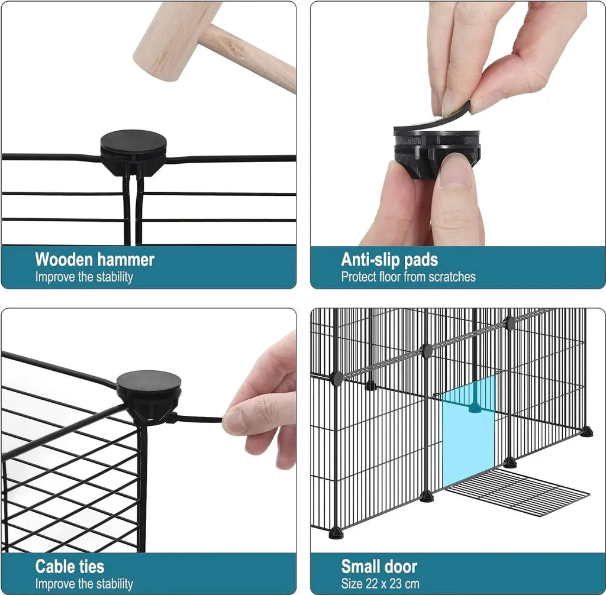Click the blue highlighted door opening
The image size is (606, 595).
point(468,431)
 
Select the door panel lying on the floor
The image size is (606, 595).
point(518,491)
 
